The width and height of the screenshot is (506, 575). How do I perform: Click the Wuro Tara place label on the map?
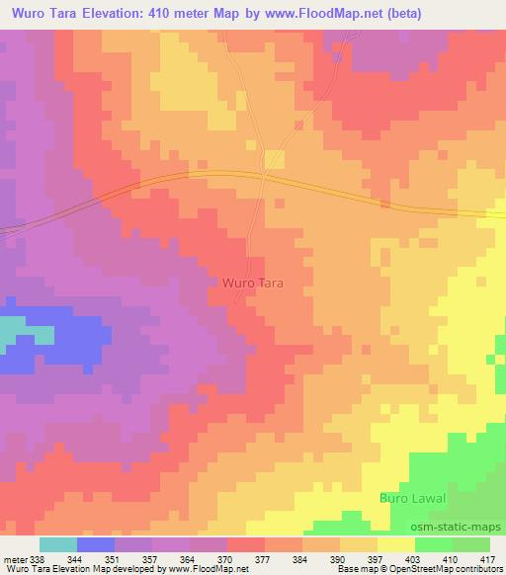point(248,283)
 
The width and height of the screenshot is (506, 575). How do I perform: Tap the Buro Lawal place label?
point(413,497)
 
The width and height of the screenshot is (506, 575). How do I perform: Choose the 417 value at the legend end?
point(486,559)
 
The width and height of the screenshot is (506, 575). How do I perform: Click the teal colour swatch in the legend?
point(58,544)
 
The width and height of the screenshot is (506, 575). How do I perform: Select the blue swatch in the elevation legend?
point(96,544)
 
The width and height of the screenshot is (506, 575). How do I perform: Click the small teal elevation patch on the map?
point(12,330)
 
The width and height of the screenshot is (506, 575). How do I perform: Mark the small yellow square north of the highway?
point(274,160)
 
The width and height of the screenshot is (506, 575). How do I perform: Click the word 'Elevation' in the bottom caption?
point(63,570)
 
